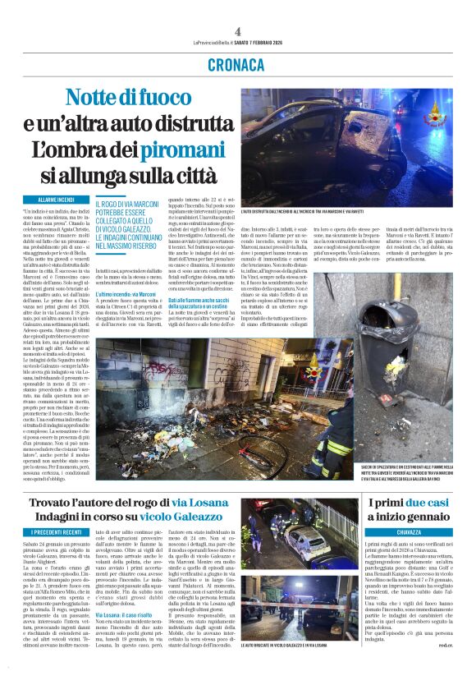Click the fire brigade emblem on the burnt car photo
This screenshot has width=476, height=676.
pyautogui.click(x=433, y=114)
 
